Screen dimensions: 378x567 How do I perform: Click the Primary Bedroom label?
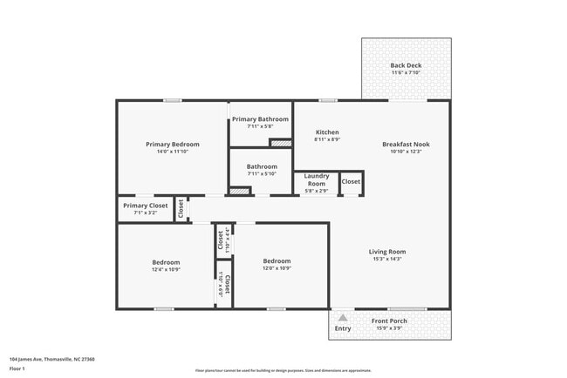click(x=172, y=145)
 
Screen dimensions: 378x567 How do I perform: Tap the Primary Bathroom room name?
click(x=260, y=119)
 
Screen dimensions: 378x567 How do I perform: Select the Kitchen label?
click(x=327, y=132)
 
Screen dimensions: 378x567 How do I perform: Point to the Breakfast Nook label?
click(x=406, y=144)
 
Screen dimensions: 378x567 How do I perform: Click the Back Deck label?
click(x=406, y=65)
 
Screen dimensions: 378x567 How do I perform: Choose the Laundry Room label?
click(x=316, y=180)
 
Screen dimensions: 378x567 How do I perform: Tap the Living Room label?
click(x=387, y=252)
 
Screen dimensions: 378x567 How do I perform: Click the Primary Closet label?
click(x=145, y=206)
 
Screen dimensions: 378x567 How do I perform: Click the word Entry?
click(x=343, y=328)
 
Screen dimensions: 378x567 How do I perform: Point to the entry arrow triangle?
click(x=343, y=318)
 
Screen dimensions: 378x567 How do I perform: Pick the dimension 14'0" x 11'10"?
click(x=172, y=152)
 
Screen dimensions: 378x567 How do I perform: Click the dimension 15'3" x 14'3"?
click(x=387, y=259)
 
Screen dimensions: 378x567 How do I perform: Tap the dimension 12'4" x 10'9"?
click(x=166, y=269)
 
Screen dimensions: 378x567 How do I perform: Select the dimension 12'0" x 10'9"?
click(x=277, y=267)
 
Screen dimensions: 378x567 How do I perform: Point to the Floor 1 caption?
click(x=18, y=368)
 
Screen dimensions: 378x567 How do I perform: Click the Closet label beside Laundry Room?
click(x=351, y=181)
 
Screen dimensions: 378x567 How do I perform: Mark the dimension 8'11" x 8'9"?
click(x=327, y=139)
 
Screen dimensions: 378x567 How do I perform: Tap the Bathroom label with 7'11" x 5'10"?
click(x=262, y=166)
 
